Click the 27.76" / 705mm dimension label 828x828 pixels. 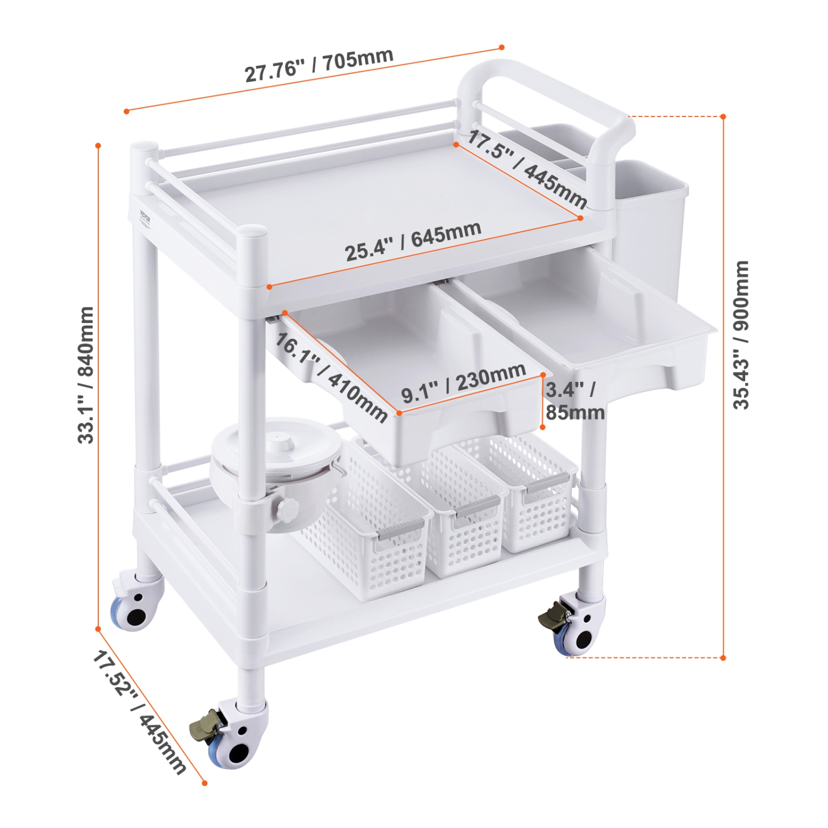(319, 65)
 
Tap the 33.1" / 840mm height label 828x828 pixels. (86, 375)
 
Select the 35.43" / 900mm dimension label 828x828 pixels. (741, 335)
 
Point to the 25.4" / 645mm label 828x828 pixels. (413, 241)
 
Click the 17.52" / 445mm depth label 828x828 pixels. (139, 712)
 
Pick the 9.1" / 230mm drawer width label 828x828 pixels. (463, 383)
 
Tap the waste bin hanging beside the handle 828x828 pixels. (651, 221)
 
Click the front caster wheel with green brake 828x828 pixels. (232, 737)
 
